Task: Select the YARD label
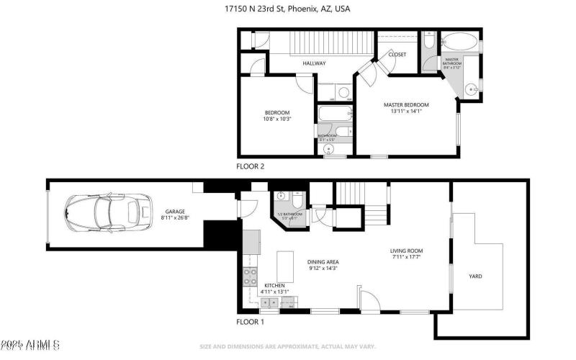[475, 276]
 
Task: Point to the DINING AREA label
[323, 261]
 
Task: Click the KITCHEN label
[274, 286]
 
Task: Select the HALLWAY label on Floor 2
[314, 63]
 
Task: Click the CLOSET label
[397, 55]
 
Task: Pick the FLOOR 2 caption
[251, 166]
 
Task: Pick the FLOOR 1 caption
[251, 322]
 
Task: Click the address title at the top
[287, 9]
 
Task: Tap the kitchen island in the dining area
[286, 266]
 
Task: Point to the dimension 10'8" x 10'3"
[277, 119]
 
